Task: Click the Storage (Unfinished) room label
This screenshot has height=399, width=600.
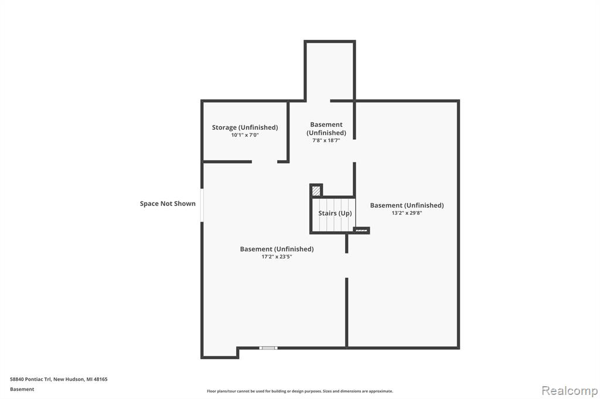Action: click(245, 128)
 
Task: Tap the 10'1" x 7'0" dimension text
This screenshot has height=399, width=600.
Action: click(245, 135)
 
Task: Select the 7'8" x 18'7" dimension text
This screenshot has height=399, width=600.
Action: click(326, 140)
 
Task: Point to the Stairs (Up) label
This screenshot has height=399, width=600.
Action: click(335, 214)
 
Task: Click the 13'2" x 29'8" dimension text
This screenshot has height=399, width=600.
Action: click(407, 213)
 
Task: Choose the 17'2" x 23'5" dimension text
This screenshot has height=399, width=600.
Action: click(277, 256)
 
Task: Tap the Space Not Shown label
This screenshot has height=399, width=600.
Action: click(168, 204)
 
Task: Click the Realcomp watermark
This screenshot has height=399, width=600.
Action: click(570, 391)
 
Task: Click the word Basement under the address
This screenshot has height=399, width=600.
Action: click(22, 389)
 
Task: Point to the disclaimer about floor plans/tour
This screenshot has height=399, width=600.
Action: click(300, 391)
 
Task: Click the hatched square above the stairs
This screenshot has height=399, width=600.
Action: click(316, 190)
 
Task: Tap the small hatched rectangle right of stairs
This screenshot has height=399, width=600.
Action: click(361, 231)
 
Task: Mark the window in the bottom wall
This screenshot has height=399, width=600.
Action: click(268, 348)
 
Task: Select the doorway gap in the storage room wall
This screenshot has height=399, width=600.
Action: click(264, 161)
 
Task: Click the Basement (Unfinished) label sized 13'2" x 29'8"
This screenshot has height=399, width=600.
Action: click(407, 205)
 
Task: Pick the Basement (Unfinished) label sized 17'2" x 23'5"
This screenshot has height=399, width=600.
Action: click(277, 249)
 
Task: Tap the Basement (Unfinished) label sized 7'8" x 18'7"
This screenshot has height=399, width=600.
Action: click(326, 128)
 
